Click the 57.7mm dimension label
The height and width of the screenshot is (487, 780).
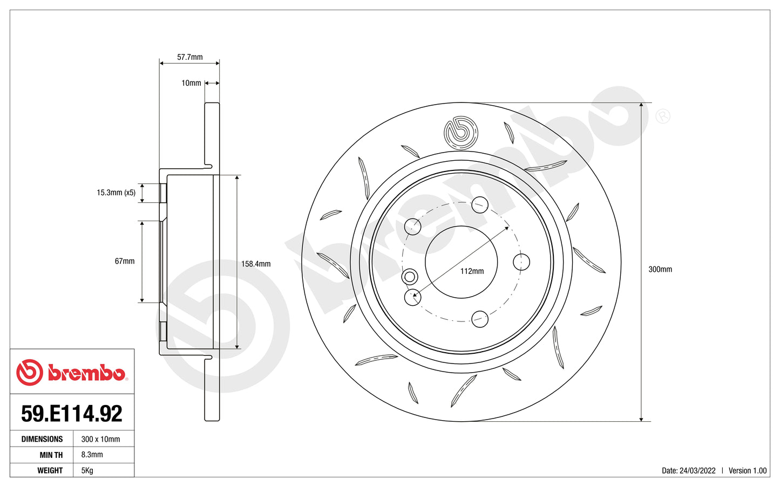tap(189, 57)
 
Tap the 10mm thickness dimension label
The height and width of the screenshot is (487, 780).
tap(191, 83)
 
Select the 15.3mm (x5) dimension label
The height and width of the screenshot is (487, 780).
tap(116, 193)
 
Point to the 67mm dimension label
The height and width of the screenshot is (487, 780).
tap(125, 261)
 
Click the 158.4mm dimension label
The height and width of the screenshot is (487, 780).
tap(256, 264)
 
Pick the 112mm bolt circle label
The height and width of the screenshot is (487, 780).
tap(472, 271)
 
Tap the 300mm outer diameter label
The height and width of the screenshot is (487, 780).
tap(660, 269)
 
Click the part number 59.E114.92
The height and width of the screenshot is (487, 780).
tap(72, 414)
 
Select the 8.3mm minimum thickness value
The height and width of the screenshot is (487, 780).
tap(92, 455)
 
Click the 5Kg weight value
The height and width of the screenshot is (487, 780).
tap(87, 470)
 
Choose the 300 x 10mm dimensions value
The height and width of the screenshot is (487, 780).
tap(100, 439)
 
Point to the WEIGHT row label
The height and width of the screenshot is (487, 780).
tap(50, 470)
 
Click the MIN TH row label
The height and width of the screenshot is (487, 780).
tap(51, 455)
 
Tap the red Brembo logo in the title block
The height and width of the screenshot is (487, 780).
tap(71, 373)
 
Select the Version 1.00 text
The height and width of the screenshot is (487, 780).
tap(747, 470)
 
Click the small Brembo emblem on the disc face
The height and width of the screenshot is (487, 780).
tap(460, 132)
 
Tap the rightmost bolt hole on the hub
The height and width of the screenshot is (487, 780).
tap(521, 262)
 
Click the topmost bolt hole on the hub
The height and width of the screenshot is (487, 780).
tap(480, 205)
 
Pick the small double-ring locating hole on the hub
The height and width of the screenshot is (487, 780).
tap(410, 277)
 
